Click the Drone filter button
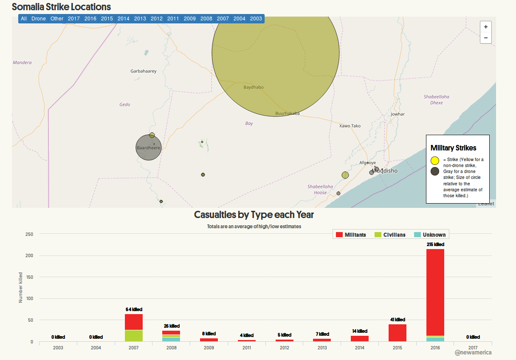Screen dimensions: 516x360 click(39, 19)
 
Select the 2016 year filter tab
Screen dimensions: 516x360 click(90, 19)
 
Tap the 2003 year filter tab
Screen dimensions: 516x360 click(256, 19)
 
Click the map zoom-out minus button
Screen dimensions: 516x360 click(485, 38)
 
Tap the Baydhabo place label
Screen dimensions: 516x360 click(254, 87)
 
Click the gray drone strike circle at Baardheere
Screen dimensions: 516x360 click(148, 148)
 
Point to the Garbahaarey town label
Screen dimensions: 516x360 click(143, 71)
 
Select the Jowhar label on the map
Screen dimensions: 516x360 click(398, 114)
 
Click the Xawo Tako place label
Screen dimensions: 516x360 click(350, 126)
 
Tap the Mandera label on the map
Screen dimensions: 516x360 click(22, 62)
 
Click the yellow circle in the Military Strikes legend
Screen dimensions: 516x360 click(435, 160)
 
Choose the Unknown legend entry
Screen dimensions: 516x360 click(430, 235)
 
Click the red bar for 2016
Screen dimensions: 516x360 click(435, 292)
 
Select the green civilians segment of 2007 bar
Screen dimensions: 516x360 click(134, 336)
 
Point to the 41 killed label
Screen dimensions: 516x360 click(398, 320)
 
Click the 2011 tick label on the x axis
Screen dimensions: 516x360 click(246, 348)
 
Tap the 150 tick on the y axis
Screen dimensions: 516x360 click(29, 277)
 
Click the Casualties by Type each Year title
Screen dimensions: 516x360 click(254, 215)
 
